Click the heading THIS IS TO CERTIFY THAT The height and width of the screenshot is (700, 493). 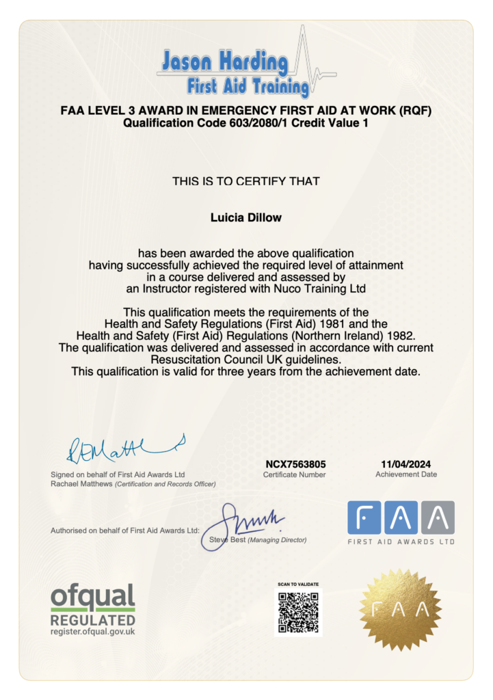click(x=246, y=181)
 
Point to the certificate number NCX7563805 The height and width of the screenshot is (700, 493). click(x=295, y=463)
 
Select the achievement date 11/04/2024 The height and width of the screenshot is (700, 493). click(x=405, y=463)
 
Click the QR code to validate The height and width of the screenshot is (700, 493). click(x=298, y=612)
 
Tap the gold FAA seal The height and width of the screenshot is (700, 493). click(x=400, y=610)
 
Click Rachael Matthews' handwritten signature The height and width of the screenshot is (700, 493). click(x=123, y=448)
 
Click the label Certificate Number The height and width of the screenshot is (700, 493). click(x=294, y=474)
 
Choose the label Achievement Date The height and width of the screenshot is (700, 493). click(x=405, y=474)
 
